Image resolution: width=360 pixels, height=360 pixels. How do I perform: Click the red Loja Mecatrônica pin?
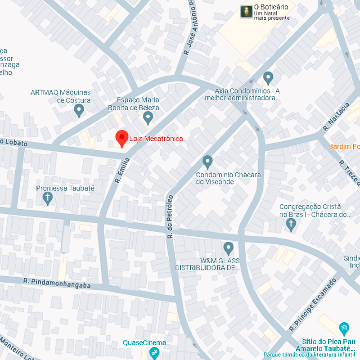121,137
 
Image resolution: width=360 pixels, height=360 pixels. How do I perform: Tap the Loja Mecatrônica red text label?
156,139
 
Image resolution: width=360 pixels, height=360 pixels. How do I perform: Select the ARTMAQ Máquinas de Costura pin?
79,109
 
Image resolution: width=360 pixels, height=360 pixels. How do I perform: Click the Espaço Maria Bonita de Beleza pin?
148,118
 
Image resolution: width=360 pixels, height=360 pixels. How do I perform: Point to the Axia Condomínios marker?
268,77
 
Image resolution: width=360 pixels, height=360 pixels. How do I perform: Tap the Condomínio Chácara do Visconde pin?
207,161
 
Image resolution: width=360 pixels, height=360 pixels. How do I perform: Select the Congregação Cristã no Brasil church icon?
291,224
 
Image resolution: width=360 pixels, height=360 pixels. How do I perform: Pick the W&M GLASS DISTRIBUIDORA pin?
229,247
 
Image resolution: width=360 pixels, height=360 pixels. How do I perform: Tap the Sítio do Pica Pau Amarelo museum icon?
344,328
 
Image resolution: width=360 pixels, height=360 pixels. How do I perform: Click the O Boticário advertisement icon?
246,12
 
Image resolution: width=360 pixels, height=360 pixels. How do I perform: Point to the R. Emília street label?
123,170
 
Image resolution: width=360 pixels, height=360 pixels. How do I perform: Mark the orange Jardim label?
344,147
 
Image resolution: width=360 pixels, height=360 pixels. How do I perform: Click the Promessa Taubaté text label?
65,188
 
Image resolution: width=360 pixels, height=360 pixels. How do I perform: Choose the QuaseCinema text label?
144,343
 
